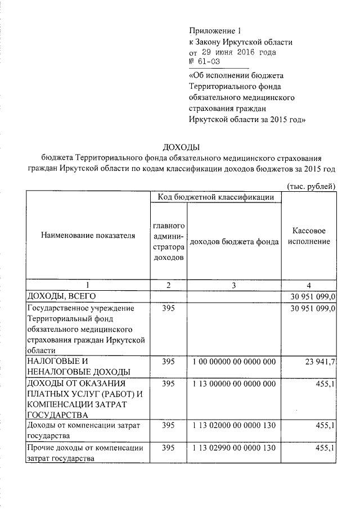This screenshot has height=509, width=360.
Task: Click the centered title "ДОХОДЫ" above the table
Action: pos(181,147)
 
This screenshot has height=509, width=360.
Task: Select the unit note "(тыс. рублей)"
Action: pos(311,186)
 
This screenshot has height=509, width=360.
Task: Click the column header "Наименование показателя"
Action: pos(88,236)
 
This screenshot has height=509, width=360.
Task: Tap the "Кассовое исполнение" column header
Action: pos(311,236)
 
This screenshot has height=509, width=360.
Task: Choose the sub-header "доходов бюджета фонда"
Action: pos(234,241)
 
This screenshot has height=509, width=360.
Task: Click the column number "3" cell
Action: pos(234,285)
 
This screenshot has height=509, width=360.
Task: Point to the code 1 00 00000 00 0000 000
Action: pos(234,362)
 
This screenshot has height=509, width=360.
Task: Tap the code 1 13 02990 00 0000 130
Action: pos(234,448)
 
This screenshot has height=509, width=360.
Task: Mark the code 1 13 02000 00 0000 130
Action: pos(234,426)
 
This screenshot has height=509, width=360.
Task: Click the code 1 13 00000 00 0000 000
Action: pos(234,384)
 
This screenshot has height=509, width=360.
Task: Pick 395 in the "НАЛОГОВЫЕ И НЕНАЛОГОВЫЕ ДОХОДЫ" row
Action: pos(168,362)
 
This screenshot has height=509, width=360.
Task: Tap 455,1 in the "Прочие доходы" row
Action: pos(326,448)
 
